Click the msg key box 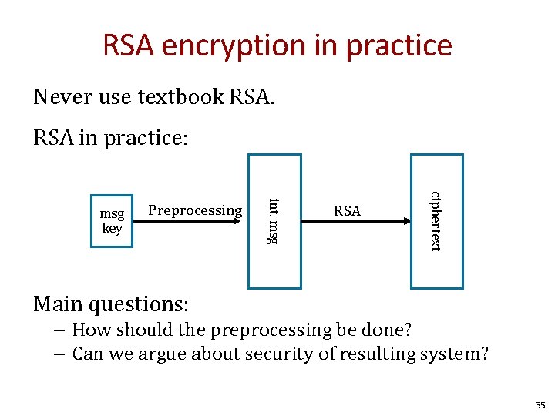[x=112, y=220]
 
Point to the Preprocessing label [x=195, y=210]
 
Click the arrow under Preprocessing [x=196, y=222]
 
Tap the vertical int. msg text [x=271, y=221]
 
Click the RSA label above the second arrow [x=347, y=210]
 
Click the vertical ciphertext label [x=436, y=221]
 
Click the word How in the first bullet [x=89, y=330]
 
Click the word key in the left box [x=113, y=228]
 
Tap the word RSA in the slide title [x=132, y=45]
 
